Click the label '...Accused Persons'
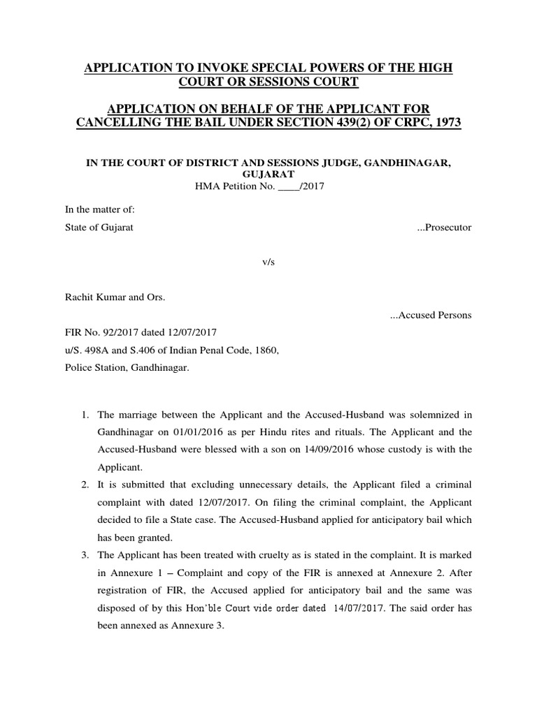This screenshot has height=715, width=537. pyautogui.click(x=430, y=315)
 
